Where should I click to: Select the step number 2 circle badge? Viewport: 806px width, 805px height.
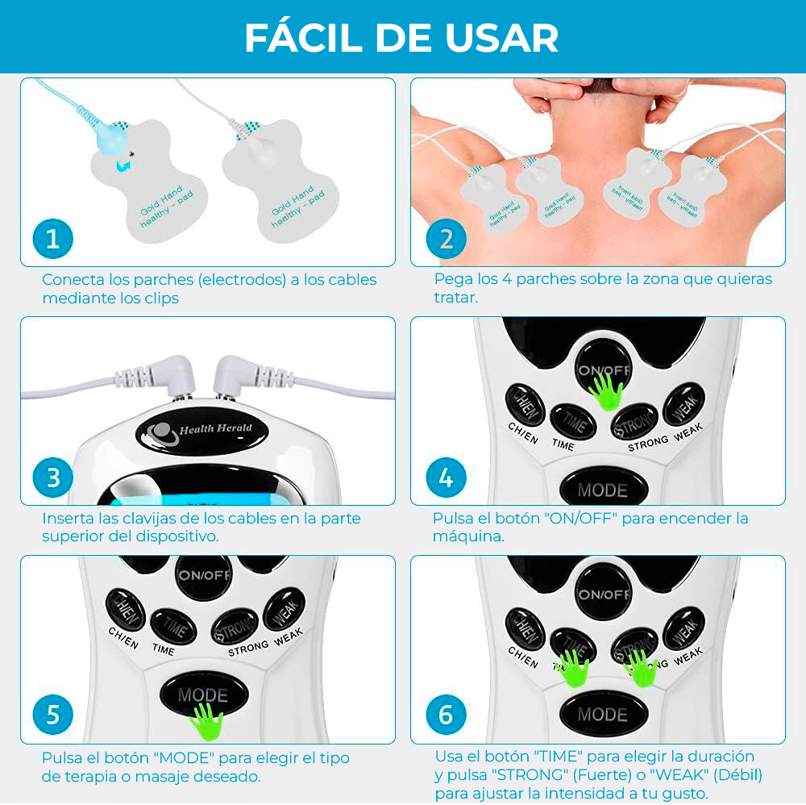446,239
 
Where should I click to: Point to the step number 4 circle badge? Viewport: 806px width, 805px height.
446,478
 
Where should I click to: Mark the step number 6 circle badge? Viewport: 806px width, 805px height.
446,715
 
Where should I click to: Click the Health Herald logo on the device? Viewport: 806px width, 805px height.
198,430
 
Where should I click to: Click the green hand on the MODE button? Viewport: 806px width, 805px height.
206,720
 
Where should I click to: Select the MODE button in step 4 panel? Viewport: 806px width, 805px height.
602,489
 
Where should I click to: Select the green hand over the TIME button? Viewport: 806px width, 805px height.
572,668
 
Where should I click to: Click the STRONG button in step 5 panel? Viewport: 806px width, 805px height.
235,626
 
